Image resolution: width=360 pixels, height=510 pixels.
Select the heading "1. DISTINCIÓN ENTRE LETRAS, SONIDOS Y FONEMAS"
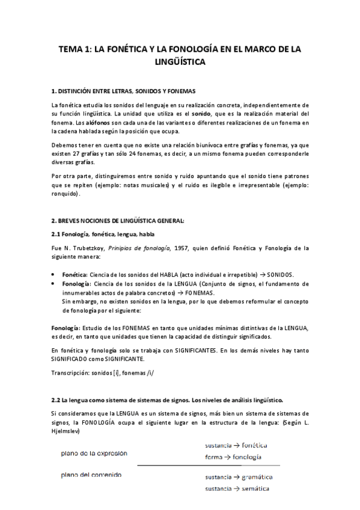point(123,91)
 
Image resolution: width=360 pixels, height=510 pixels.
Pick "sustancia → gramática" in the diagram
point(239,477)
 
